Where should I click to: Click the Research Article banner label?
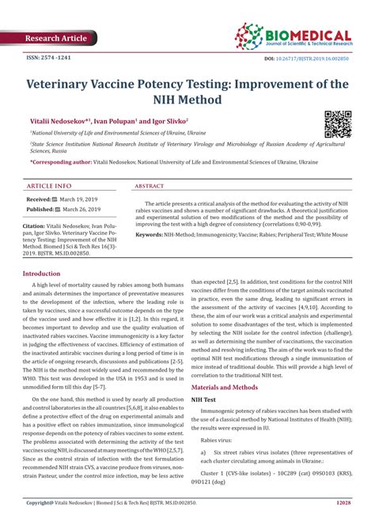coord(59,37)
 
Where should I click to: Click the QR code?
coord(339,123)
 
